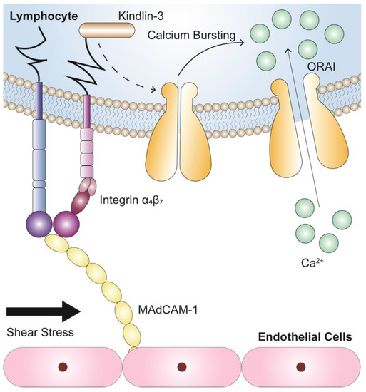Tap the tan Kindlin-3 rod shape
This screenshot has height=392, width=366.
[106, 31]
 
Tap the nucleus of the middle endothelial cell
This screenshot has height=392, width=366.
[182, 368]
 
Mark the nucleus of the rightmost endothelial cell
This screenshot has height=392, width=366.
[303, 368]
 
